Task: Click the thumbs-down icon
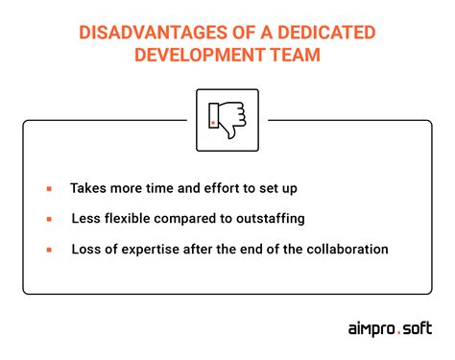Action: (x=227, y=120)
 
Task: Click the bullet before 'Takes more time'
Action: (x=48, y=189)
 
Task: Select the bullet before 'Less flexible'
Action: (x=48, y=220)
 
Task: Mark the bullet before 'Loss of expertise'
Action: (x=48, y=251)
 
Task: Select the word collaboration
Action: (x=347, y=250)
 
